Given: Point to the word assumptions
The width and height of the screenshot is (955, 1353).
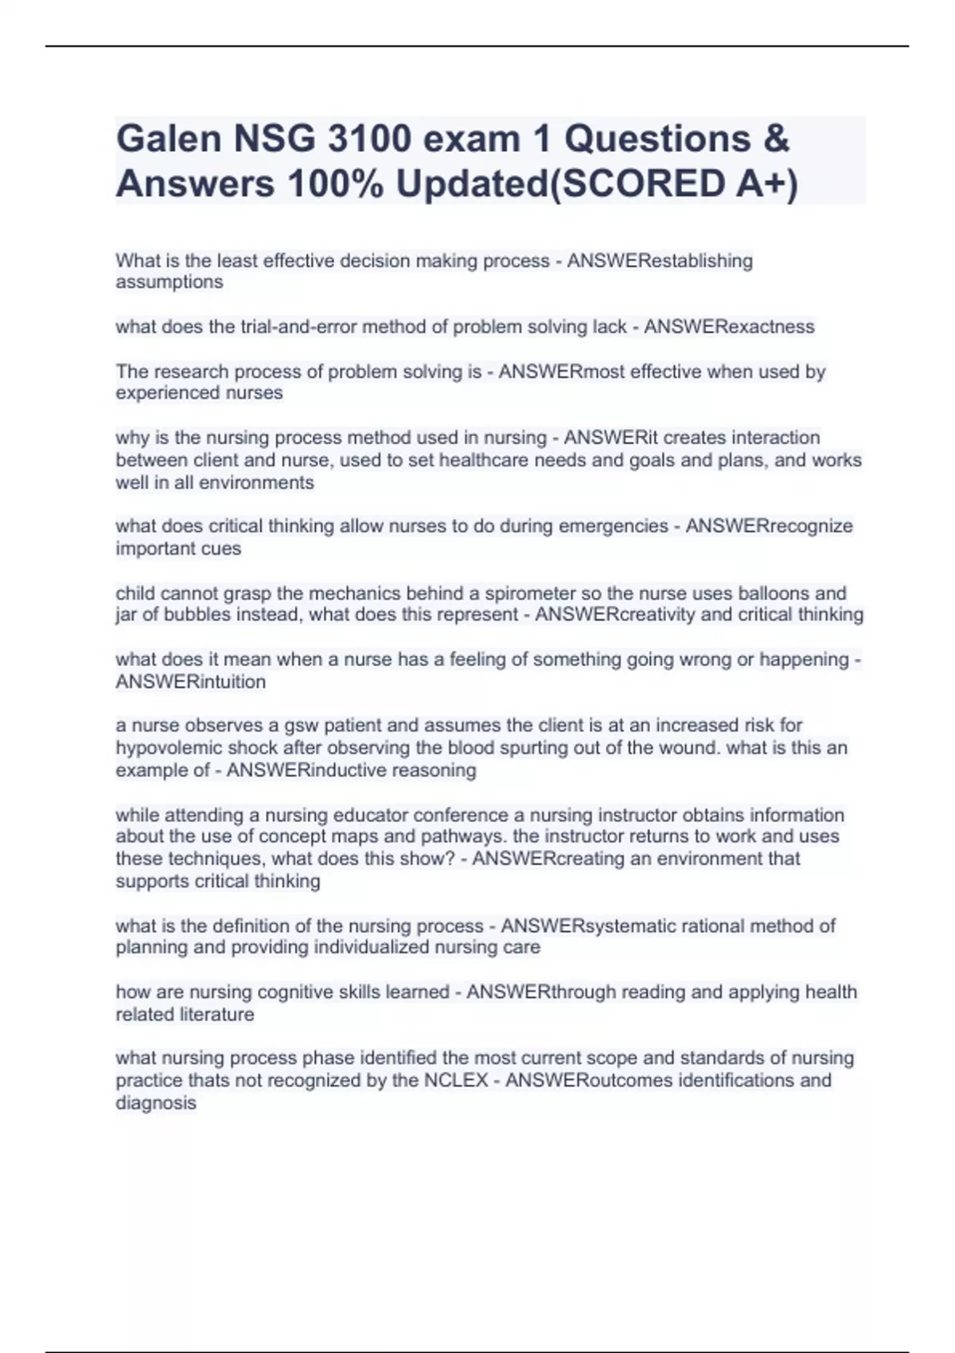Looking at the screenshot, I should click(169, 283).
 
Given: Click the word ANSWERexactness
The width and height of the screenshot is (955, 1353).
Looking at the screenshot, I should click(729, 327).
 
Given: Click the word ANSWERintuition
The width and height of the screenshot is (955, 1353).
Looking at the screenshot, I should click(191, 682).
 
